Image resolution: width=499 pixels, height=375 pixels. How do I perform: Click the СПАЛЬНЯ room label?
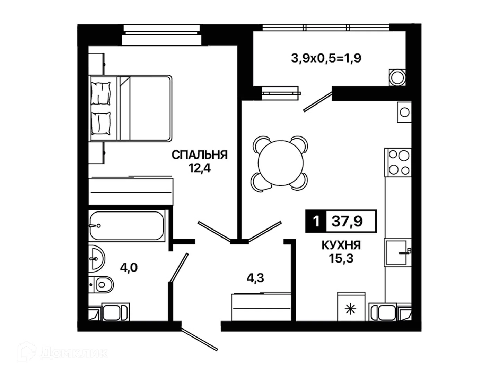tap(199, 155)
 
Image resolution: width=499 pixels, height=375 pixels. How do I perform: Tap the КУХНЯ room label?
tap(341, 245)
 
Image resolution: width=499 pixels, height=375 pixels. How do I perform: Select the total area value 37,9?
tap(347, 221)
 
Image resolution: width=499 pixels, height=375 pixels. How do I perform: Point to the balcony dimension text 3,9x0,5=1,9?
tap(326, 58)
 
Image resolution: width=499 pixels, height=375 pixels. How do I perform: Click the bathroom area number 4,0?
tap(129, 267)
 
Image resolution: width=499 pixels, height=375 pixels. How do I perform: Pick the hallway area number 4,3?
tap(255, 278)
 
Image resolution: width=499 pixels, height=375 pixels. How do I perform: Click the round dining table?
tap(281, 163)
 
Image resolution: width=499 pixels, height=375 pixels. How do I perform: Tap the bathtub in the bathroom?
tap(127, 226)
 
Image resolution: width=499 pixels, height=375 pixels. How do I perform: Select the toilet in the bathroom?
tap(101, 285)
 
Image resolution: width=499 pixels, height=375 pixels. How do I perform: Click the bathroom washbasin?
tap(96, 259)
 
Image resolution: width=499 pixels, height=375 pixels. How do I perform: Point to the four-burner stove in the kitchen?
tap(398, 162)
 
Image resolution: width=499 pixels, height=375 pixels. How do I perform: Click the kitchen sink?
tap(397, 252)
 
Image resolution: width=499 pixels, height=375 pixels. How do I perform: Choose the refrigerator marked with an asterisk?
tap(351, 306)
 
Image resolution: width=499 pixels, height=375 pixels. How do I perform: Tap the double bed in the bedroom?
tap(130, 108)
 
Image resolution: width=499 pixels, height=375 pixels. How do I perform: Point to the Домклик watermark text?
tap(73, 353)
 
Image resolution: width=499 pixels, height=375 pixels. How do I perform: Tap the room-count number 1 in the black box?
tap(316, 221)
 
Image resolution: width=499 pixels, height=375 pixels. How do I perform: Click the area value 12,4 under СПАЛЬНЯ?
tap(199, 168)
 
